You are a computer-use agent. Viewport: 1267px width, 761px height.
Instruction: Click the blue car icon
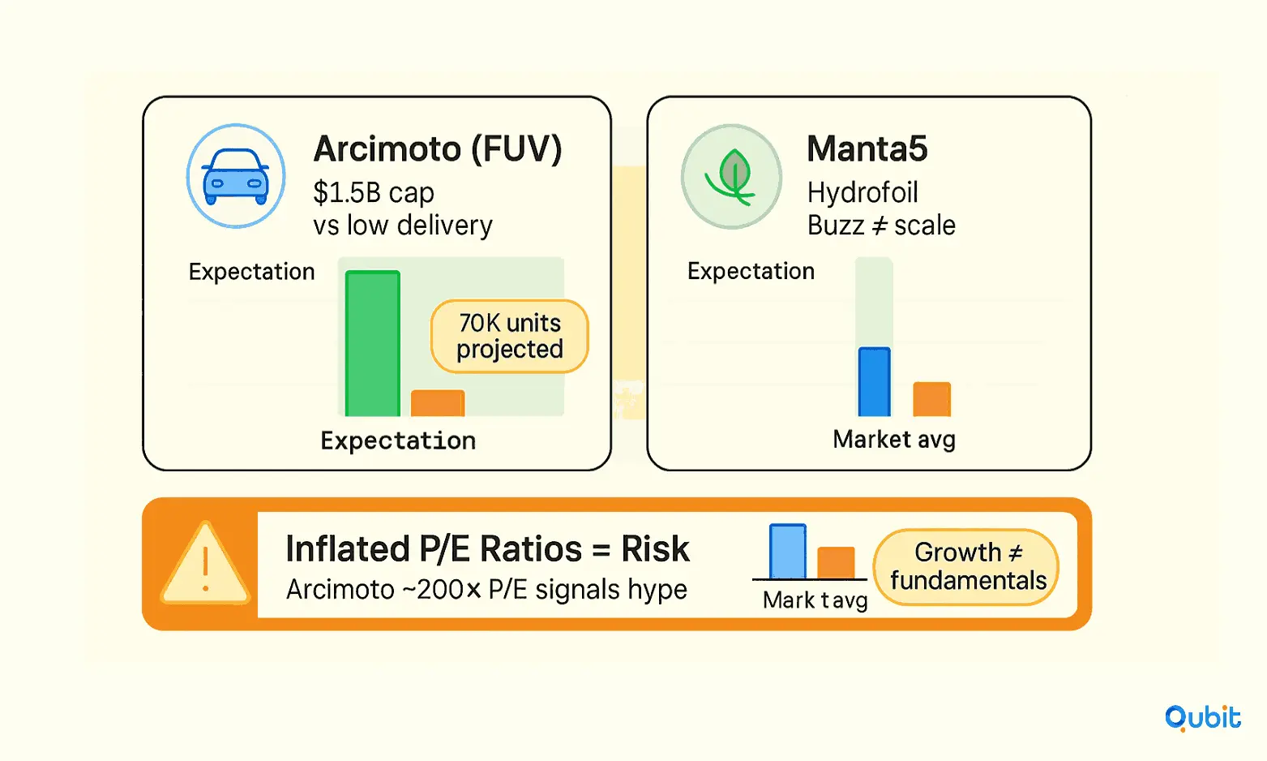point(236,176)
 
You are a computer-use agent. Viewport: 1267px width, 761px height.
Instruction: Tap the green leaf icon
point(731,177)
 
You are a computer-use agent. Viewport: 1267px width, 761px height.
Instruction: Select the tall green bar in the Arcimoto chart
point(373,344)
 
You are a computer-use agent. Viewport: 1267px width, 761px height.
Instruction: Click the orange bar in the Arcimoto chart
point(438,403)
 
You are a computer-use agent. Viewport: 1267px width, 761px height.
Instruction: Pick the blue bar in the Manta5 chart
point(875,382)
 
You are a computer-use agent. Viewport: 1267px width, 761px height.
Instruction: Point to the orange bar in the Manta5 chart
point(931,399)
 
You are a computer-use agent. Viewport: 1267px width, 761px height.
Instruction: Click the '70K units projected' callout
point(510,337)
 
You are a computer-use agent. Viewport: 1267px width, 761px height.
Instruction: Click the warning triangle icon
point(205,564)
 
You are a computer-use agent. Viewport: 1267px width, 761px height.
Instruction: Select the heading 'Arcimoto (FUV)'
point(438,149)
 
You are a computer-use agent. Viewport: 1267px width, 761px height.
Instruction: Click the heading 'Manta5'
point(867,149)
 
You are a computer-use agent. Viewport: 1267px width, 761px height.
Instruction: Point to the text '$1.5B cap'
point(374,192)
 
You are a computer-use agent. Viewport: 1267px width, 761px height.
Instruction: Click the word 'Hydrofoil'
point(863,192)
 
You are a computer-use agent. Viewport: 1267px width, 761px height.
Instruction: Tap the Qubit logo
point(1202,718)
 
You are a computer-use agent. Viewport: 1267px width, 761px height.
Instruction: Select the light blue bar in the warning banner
point(788,552)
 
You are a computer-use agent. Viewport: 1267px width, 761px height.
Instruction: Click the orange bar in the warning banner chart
point(836,563)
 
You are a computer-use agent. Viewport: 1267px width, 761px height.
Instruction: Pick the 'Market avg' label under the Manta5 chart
point(894,440)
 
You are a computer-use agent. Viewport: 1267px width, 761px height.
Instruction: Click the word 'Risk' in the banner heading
point(656,548)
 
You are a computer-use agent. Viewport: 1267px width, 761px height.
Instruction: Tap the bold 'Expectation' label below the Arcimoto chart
point(398,441)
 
